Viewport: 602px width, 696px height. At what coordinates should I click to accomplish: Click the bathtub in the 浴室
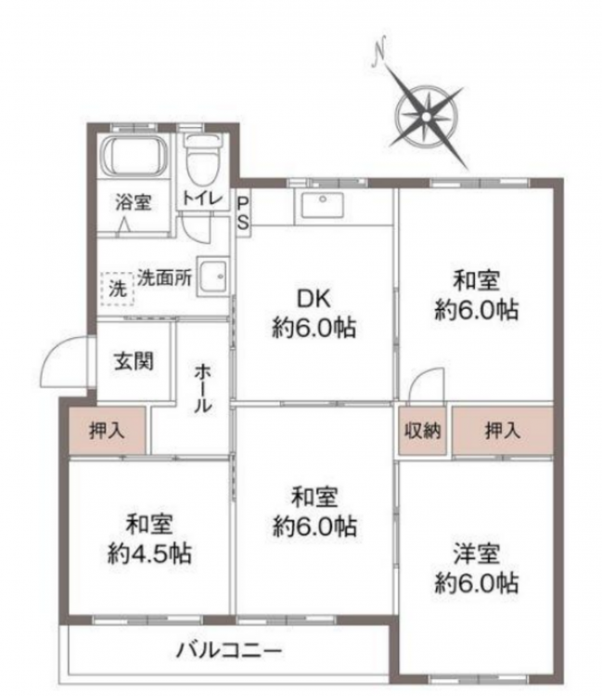[134, 156]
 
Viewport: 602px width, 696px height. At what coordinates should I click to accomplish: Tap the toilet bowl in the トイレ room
[203, 161]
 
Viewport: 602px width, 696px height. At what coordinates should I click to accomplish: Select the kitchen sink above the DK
[323, 205]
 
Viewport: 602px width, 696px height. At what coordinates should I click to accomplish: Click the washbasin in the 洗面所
[213, 277]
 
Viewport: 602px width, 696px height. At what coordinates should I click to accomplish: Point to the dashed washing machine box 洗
[118, 289]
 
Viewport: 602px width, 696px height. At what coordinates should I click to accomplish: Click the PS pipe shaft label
[243, 213]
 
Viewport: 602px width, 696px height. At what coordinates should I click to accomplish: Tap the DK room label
[314, 299]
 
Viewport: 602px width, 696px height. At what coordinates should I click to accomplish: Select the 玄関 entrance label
[134, 361]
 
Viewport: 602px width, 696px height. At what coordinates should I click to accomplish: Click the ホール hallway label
[203, 388]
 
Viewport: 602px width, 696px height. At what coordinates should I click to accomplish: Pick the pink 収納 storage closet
[422, 431]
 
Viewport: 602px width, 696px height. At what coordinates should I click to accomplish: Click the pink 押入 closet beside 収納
[503, 431]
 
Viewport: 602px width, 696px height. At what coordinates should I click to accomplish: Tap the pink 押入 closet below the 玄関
[107, 431]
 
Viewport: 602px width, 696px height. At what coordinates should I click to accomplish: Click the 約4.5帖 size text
[149, 554]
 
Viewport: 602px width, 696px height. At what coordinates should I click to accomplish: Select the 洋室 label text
[477, 554]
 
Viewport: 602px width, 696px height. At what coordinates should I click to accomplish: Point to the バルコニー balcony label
[229, 651]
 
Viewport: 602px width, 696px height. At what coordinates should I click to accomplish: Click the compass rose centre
[427, 116]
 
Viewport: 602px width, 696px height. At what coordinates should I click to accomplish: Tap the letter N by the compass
[379, 51]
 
